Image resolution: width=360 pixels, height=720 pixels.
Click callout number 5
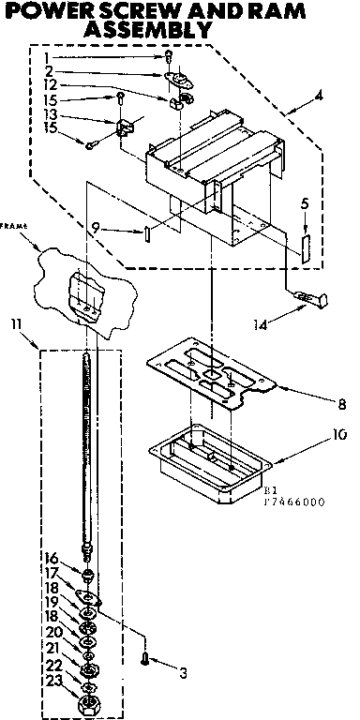pos(305,203)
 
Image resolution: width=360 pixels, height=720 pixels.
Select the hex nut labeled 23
pos(89,703)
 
